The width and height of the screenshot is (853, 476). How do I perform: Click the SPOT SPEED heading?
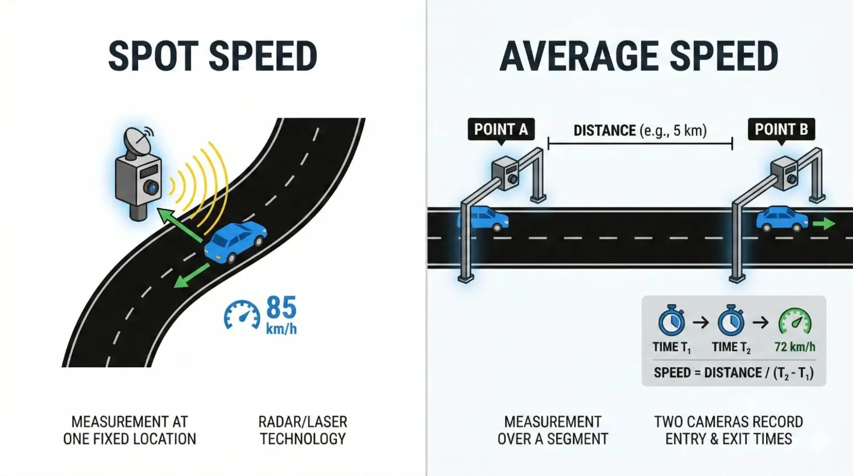point(213,56)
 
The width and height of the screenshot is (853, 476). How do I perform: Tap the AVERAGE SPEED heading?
point(639,56)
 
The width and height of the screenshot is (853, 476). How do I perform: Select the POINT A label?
point(500,130)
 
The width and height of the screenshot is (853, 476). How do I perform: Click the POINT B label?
point(781,130)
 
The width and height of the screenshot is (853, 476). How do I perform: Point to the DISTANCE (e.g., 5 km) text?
point(640,131)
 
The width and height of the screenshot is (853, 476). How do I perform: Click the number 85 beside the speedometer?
point(281,308)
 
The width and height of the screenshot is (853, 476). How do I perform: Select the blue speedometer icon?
point(242,314)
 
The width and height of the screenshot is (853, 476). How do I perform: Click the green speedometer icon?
point(794,322)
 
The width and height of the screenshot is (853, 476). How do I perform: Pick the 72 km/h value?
point(794,347)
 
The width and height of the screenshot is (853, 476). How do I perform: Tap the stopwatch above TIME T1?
point(672,321)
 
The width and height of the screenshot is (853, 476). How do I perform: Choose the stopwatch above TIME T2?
point(731,321)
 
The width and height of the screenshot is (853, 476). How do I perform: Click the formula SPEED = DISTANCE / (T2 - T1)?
point(734,373)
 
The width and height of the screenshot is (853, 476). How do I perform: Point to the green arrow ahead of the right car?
point(824,224)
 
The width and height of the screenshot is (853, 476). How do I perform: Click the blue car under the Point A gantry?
point(485,219)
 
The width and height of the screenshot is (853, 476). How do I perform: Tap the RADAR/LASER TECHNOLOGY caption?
point(303,431)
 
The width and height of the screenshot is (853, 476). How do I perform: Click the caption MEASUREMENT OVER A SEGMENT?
point(553,431)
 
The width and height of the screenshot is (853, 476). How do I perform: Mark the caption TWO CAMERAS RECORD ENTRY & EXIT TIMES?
point(728,431)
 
